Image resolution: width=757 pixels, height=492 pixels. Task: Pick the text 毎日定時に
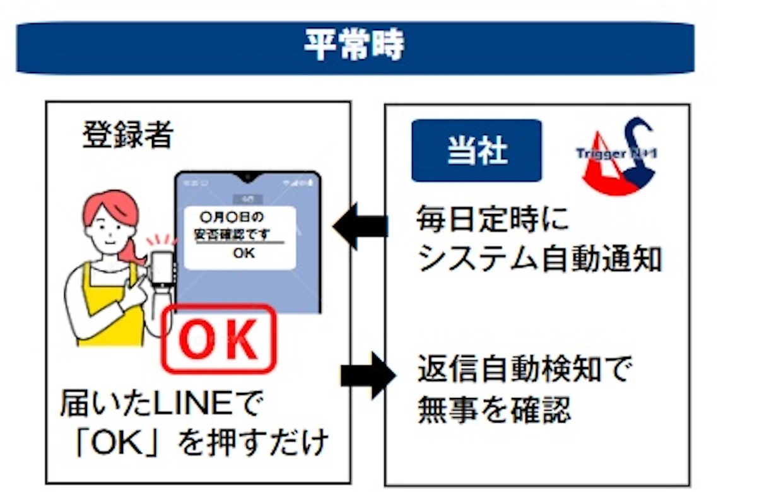coord(493,220)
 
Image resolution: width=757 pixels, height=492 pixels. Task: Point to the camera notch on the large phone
coord(248,175)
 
